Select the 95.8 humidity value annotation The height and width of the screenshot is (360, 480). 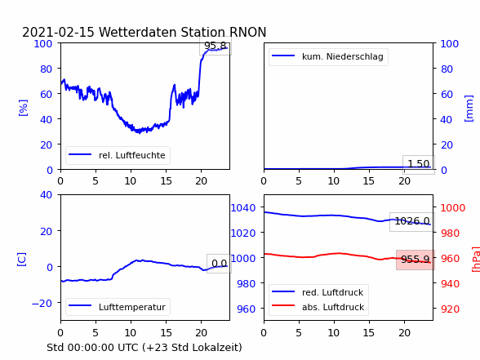[216, 46]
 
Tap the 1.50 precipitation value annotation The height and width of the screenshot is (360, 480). [419, 164]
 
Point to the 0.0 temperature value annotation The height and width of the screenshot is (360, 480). [219, 264]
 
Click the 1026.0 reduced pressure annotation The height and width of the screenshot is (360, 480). [412, 221]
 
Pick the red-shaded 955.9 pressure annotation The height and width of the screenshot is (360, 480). [416, 260]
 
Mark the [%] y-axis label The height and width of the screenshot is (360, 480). [23, 108]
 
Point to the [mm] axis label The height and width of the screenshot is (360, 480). [469, 109]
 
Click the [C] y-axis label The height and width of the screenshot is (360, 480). [22, 260]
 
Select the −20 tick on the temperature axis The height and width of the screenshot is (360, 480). [42, 303]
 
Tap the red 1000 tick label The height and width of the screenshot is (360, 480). [453, 208]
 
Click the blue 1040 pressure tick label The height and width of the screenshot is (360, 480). [243, 208]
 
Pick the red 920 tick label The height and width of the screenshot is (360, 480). [450, 309]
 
